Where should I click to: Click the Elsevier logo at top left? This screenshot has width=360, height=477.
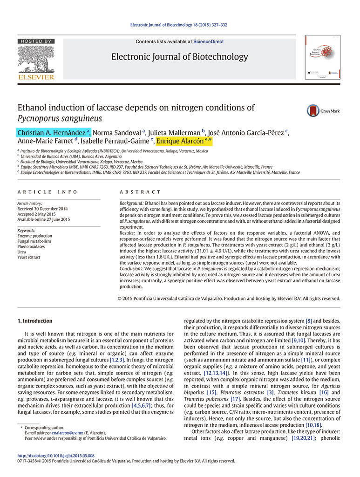36,60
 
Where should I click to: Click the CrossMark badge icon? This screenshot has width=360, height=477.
313,111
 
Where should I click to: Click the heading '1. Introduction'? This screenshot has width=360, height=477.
35,321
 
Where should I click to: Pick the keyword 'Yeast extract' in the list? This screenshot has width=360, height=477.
29,257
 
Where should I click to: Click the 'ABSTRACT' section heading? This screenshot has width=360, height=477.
140,192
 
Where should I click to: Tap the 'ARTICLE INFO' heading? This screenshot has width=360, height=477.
42,192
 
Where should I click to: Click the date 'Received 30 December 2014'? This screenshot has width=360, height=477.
42,209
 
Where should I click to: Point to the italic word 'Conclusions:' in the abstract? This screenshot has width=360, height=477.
131,269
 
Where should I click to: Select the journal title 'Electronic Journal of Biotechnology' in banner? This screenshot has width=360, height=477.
179,57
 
